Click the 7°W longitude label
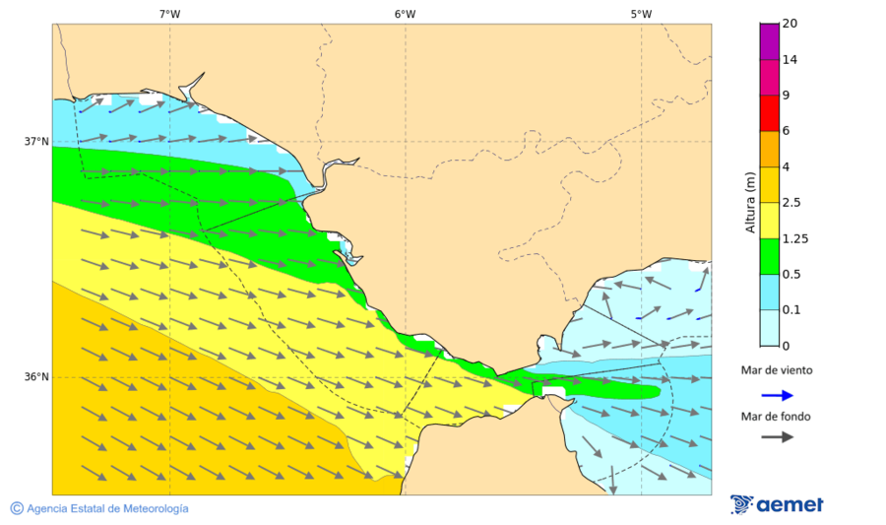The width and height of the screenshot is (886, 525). coord(169,14)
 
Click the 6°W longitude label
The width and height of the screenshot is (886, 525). coord(405,14)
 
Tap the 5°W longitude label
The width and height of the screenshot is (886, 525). coord(641,14)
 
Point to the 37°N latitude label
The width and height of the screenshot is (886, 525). coord(36,141)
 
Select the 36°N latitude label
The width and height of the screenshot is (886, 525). coord(36,377)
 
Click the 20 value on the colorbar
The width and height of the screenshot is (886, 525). coord(790,24)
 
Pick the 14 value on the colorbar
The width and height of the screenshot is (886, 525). coord(790,60)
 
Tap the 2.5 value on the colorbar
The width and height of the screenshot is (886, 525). coord(791,203)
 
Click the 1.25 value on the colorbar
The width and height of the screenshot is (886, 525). coord(794,238)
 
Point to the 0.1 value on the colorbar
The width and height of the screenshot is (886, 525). coord(791,310)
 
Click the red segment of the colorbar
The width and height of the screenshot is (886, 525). coord(769,113)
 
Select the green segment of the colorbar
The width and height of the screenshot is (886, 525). coord(769,256)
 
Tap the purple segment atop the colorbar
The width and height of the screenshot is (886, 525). coord(769,41)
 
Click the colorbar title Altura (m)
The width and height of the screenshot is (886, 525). coord(750,202)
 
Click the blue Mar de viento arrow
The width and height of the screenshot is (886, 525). coord(777,395)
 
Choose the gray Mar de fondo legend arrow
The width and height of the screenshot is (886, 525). coord(777,436)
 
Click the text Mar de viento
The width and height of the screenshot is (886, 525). coord(777,370)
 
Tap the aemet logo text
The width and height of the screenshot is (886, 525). coord(790,505)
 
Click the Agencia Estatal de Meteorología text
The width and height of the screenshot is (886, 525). coord(107,508)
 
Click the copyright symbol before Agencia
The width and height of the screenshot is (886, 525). coord(17,508)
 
